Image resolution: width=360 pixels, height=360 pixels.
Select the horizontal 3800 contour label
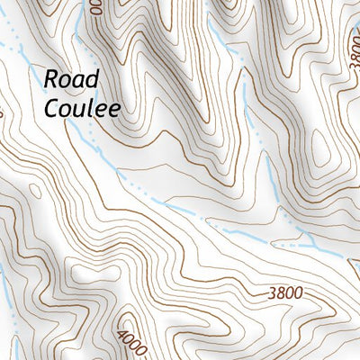click(283, 292)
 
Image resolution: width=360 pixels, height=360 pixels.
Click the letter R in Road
click(50, 79)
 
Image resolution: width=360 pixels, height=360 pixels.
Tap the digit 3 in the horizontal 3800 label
click(271, 292)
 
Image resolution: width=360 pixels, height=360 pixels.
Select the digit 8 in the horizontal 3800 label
click(279, 292)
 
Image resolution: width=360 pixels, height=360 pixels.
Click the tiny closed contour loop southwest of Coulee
click(34, 190)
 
